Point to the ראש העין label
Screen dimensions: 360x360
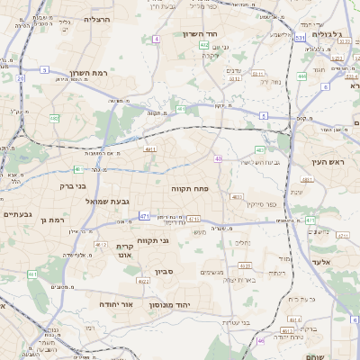tap(328, 162)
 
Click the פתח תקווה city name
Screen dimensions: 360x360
tap(188, 190)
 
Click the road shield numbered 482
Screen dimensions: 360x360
tap(54, 118)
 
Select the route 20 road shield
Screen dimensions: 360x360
tap(20, 78)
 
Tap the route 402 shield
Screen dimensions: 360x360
tap(204, 44)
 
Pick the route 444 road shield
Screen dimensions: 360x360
tap(301, 76)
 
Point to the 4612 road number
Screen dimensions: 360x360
tap(100, 245)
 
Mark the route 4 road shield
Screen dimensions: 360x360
tap(156, 40)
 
